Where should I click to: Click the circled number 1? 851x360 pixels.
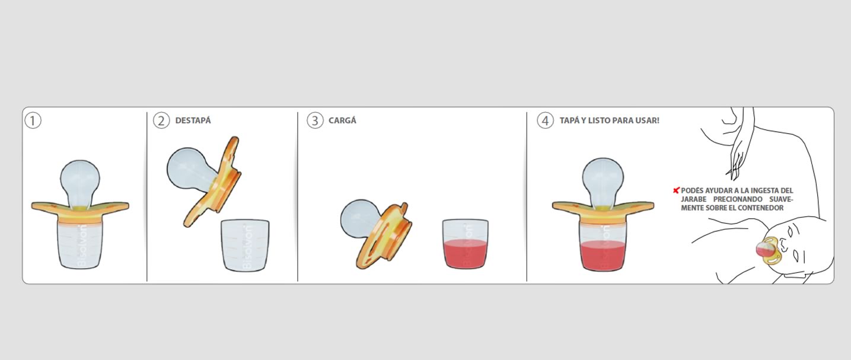click(33, 121)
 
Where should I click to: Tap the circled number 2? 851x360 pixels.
click(161, 121)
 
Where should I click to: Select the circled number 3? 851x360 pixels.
click(315, 121)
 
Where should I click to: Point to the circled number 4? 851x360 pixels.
click(545, 121)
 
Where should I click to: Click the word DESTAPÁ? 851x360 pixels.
click(193, 120)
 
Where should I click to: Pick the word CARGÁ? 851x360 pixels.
click(342, 120)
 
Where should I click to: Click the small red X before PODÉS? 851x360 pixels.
click(676, 190)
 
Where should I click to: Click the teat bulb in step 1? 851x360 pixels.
click(80, 183)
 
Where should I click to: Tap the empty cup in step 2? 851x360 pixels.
click(245, 245)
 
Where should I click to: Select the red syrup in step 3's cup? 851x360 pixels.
click(466, 254)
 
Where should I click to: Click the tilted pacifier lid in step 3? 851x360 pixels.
click(384, 235)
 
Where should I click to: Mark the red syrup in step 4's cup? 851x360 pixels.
click(603, 256)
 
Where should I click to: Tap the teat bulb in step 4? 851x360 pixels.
click(603, 181)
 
